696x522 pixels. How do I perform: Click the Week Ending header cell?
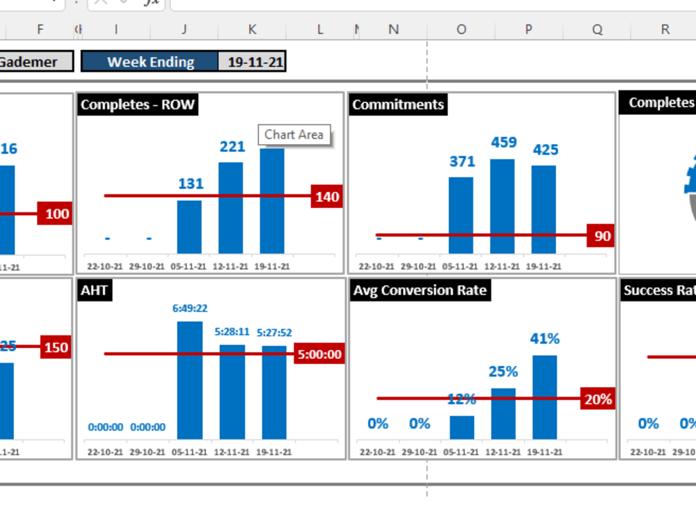(x=150, y=62)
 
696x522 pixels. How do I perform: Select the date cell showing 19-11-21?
(x=255, y=62)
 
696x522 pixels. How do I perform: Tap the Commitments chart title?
(x=398, y=105)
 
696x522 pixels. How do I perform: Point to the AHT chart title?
(x=94, y=290)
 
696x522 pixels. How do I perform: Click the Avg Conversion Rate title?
(x=420, y=290)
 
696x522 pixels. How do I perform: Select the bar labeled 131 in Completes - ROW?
(x=189, y=227)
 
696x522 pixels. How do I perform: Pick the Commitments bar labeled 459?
(x=503, y=206)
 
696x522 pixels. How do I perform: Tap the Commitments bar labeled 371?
(x=461, y=215)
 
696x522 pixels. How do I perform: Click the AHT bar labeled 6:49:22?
(x=190, y=380)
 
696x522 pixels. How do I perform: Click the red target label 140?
(x=327, y=197)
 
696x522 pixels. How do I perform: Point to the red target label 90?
(x=602, y=236)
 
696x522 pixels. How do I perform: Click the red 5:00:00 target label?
(x=319, y=354)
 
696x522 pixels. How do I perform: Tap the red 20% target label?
(x=598, y=399)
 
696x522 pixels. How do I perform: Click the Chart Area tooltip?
(x=294, y=135)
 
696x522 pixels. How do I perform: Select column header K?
(x=252, y=29)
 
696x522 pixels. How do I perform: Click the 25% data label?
(x=503, y=372)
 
